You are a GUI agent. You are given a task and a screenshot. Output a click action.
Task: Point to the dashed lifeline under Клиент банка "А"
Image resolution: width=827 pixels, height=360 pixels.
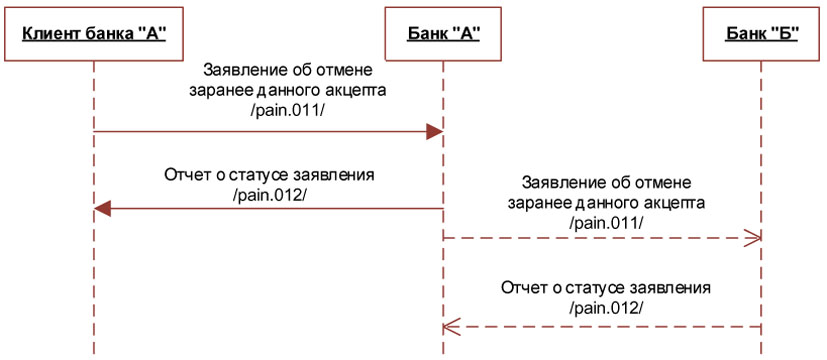(x=93, y=280)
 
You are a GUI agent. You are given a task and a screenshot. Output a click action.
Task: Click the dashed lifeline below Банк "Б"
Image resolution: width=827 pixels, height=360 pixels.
(x=762, y=150)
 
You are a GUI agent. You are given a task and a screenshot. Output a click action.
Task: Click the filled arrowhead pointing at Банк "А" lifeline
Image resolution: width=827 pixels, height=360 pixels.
(x=435, y=132)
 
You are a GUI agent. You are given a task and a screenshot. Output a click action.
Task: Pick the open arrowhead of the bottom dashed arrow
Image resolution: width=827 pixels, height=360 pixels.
(x=450, y=325)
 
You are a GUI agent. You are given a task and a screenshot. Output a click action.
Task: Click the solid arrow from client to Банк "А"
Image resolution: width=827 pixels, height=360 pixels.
(x=260, y=132)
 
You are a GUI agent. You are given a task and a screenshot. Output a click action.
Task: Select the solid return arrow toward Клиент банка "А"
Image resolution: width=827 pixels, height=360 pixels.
(x=270, y=209)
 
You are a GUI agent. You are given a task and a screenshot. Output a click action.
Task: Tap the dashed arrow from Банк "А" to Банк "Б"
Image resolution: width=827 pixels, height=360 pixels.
(x=600, y=238)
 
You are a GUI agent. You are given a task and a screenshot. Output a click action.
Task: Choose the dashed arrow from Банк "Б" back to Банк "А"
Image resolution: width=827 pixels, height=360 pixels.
(x=600, y=325)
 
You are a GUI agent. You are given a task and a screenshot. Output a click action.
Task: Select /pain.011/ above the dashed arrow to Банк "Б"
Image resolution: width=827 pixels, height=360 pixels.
(x=605, y=220)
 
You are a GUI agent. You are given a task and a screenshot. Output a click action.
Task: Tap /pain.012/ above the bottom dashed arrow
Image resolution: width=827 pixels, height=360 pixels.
(x=605, y=306)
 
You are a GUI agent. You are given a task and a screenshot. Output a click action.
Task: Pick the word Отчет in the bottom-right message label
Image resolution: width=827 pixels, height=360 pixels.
(x=523, y=288)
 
